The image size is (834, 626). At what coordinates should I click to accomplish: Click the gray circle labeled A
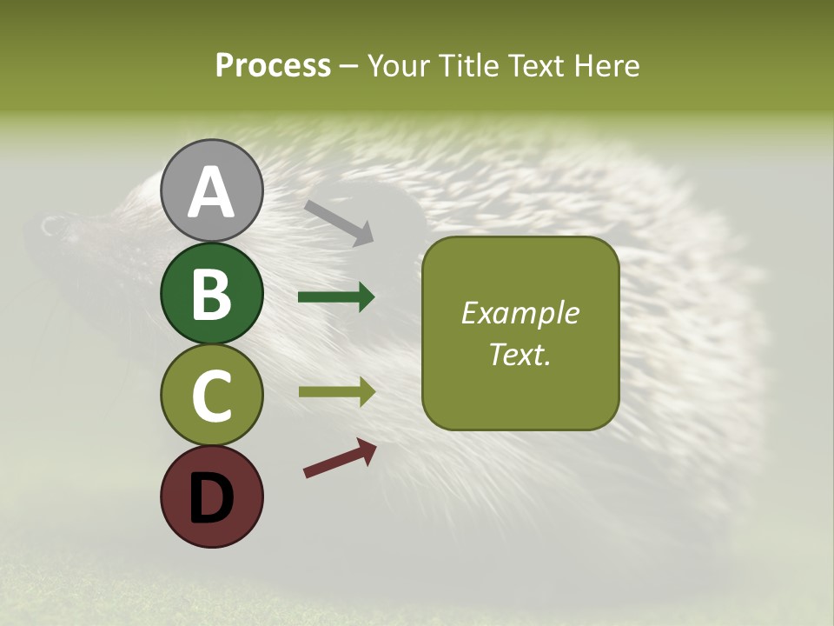(212, 190)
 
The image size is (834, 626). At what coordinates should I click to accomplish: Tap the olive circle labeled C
(212, 395)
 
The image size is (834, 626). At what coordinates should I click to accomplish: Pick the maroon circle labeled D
(212, 496)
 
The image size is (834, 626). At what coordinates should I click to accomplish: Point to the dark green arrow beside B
(336, 297)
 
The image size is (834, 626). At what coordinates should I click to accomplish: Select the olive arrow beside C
(336, 392)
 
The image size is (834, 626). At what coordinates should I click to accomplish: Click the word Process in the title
(273, 65)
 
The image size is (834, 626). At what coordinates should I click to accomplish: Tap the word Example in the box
(520, 313)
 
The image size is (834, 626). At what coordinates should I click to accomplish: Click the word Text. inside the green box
(520, 354)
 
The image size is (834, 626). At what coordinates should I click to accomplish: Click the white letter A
(212, 192)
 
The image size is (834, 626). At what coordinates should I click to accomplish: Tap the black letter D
(212, 497)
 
